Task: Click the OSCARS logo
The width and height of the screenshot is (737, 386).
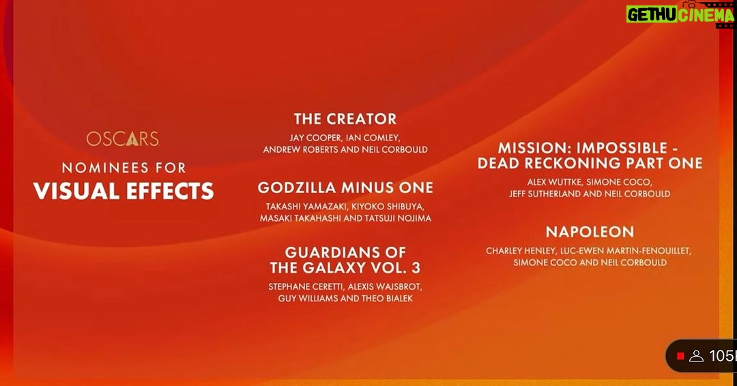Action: [123, 138]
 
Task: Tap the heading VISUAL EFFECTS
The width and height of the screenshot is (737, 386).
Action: [124, 191]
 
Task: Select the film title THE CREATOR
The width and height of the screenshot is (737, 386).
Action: [345, 119]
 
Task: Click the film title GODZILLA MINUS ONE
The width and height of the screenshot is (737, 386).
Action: [345, 188]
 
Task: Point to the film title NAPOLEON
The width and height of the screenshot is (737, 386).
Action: [590, 232]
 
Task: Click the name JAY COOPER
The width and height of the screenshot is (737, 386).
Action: [315, 138]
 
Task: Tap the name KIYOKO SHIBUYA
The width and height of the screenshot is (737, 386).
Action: [386, 207]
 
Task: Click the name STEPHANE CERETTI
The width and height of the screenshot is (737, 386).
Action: [306, 286]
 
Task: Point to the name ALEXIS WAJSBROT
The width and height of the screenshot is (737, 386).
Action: [385, 286]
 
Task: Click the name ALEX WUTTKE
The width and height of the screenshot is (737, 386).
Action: [554, 182]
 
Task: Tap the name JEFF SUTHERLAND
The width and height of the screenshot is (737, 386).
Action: [545, 194]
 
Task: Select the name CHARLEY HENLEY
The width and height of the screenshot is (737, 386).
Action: [521, 251]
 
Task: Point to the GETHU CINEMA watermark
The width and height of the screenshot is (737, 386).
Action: [680, 14]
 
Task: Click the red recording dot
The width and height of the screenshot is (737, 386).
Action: [680, 357]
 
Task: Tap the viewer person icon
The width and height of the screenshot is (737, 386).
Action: [696, 357]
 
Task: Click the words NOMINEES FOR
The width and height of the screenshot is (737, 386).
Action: [124, 168]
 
